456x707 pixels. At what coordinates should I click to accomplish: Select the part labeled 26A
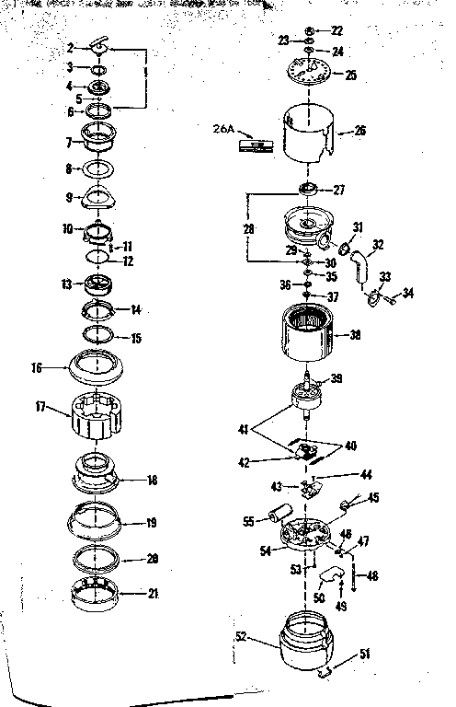point(256,145)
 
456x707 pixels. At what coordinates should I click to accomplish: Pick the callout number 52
point(241,635)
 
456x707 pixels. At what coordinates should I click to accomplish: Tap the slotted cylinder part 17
point(97,418)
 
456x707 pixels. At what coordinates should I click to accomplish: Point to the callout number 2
point(70,46)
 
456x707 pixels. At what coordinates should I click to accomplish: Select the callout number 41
point(242,428)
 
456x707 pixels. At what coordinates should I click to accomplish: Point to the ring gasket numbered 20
point(97,558)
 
